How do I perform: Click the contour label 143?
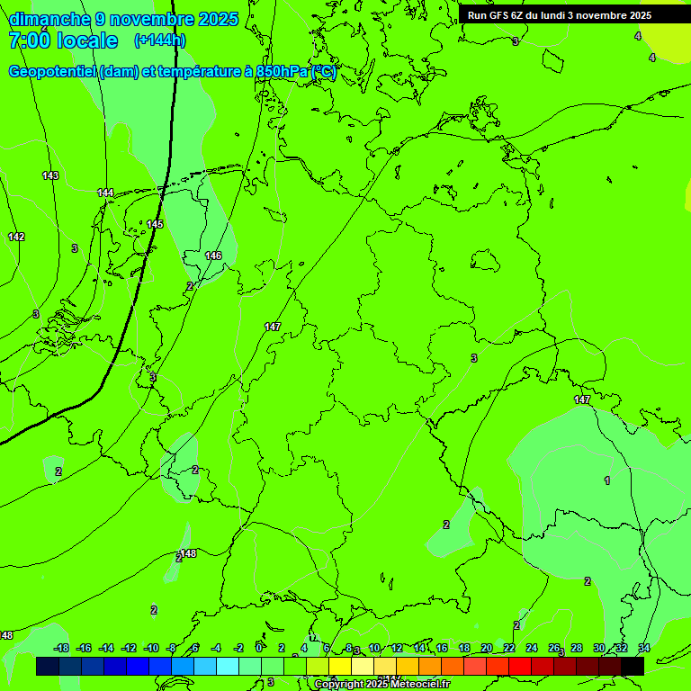tap(50, 175)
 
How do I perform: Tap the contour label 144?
tap(105, 193)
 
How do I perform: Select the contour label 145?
tap(155, 224)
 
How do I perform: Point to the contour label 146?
tap(213, 256)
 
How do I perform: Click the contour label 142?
tap(16, 237)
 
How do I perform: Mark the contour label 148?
tap(188, 553)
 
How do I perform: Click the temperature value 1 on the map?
tap(607, 480)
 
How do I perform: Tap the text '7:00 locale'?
tap(63, 40)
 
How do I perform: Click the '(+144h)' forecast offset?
tap(160, 40)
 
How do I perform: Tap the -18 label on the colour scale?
tap(62, 648)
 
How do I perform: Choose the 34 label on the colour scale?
tap(644, 648)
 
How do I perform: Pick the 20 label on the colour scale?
tap(487, 648)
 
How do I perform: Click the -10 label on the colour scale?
tap(151, 648)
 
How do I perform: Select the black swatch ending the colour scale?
tap(633, 667)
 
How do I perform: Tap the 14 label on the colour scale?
tap(419, 648)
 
